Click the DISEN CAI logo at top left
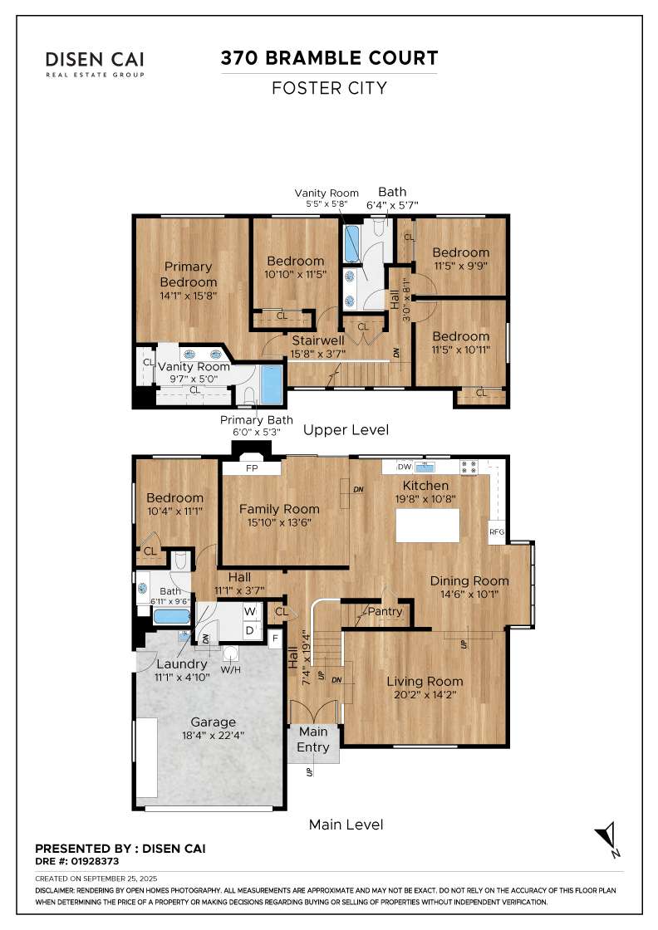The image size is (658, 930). point(95,64)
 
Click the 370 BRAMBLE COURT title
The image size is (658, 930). point(329,58)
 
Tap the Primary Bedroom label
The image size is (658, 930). point(188,274)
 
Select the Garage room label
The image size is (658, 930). point(213,722)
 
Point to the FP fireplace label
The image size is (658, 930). point(252,468)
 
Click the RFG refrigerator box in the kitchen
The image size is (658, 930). point(497,532)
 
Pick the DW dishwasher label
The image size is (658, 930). point(405,467)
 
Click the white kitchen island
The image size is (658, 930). point(427,526)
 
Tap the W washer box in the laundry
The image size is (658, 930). point(250,611)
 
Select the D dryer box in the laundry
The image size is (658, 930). point(250,630)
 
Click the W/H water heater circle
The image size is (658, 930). point(230,653)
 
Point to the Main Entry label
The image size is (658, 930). point(312,739)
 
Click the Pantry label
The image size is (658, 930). point(385,611)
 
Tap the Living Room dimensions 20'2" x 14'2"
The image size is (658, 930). point(425,694)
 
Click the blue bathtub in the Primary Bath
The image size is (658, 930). point(272,384)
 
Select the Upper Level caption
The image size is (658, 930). point(346,429)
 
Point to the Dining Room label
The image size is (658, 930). point(469,580)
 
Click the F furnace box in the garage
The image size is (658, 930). point(275,639)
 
